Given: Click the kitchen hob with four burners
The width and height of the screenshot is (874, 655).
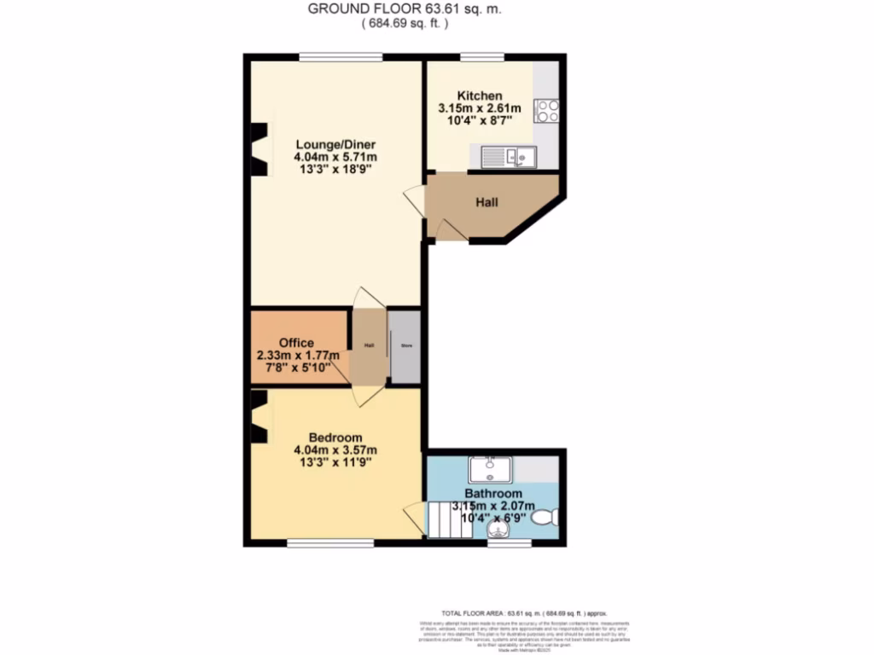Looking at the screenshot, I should click(546, 111).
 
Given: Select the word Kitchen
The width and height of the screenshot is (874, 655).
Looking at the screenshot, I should click(479, 96).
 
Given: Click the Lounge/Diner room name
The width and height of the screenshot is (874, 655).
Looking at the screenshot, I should click(335, 143).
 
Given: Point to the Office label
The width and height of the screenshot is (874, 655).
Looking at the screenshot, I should click(296, 343).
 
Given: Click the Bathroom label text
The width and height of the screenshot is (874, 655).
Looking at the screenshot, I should click(493, 494).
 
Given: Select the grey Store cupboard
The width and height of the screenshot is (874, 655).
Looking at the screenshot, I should click(405, 346).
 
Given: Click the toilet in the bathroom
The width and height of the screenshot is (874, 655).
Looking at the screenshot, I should click(545, 516).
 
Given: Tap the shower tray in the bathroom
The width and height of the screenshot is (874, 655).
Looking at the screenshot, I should click(489, 469).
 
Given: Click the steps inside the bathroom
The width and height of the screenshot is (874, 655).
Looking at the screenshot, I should click(449, 519).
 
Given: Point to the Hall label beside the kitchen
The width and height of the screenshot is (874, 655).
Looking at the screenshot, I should click(487, 203).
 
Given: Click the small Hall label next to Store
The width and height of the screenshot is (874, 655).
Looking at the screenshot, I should click(370, 345).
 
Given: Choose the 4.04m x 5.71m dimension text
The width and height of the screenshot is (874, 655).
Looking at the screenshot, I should click(335, 157).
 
